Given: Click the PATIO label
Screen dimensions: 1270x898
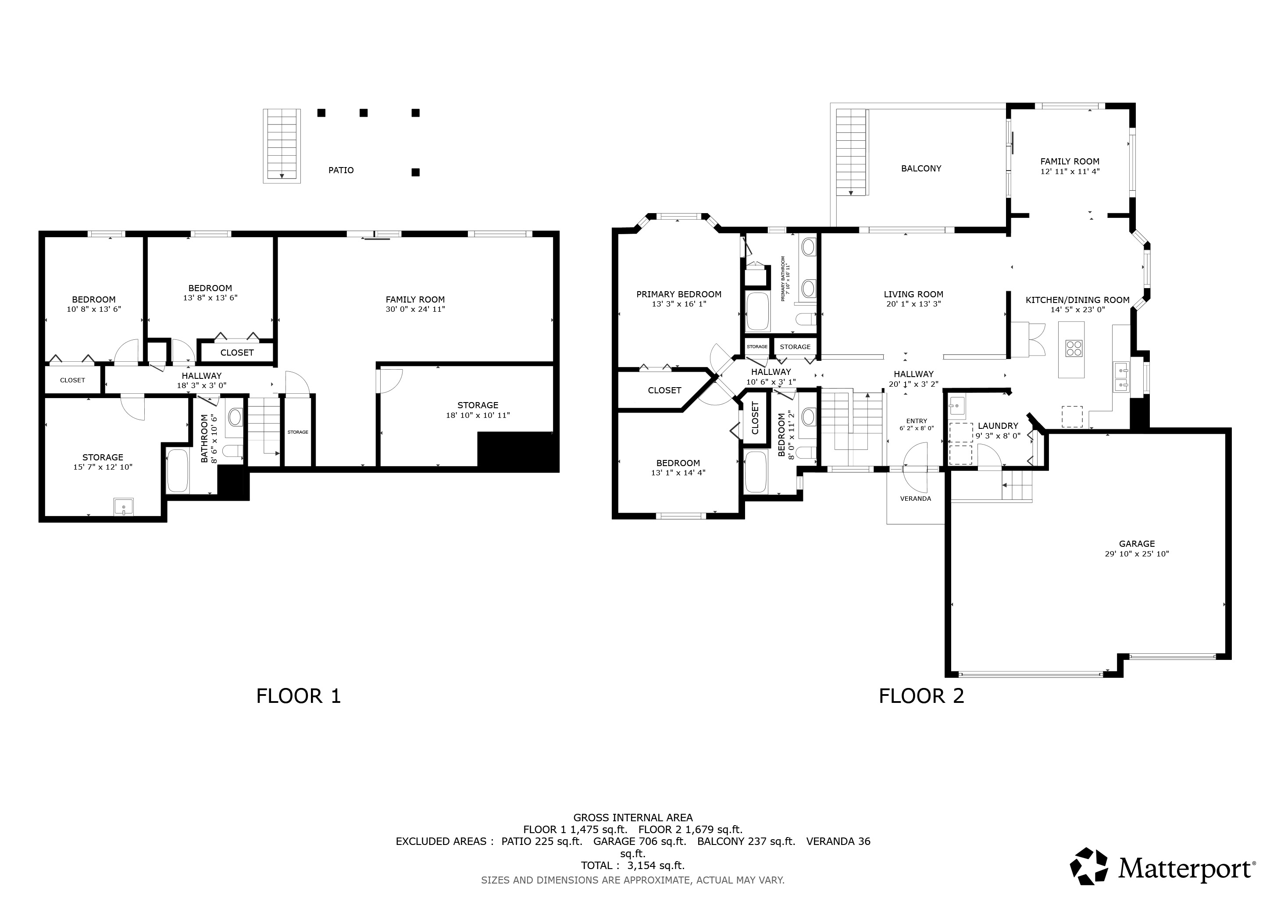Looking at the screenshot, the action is coord(341,170).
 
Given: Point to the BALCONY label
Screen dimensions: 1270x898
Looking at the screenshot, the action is coord(921,169).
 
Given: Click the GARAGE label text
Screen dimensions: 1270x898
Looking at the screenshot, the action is coord(1137,544).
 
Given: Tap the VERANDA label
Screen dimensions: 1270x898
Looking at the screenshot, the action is coord(915,499).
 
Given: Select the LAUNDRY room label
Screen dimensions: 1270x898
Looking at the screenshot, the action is coord(998,426).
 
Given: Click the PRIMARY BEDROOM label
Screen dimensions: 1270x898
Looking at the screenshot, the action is coord(679,294).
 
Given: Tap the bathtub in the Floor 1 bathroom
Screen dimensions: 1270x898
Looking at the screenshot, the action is coord(178,470).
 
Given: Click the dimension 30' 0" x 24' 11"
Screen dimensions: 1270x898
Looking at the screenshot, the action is coord(415,309).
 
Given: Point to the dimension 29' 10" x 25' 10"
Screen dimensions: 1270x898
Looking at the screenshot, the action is coord(1137,553).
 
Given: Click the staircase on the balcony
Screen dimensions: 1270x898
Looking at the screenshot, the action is coord(851,152).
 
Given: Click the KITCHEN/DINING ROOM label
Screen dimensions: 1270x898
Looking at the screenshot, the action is coord(1077,300).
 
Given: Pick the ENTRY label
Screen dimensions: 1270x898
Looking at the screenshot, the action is coord(917,421).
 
